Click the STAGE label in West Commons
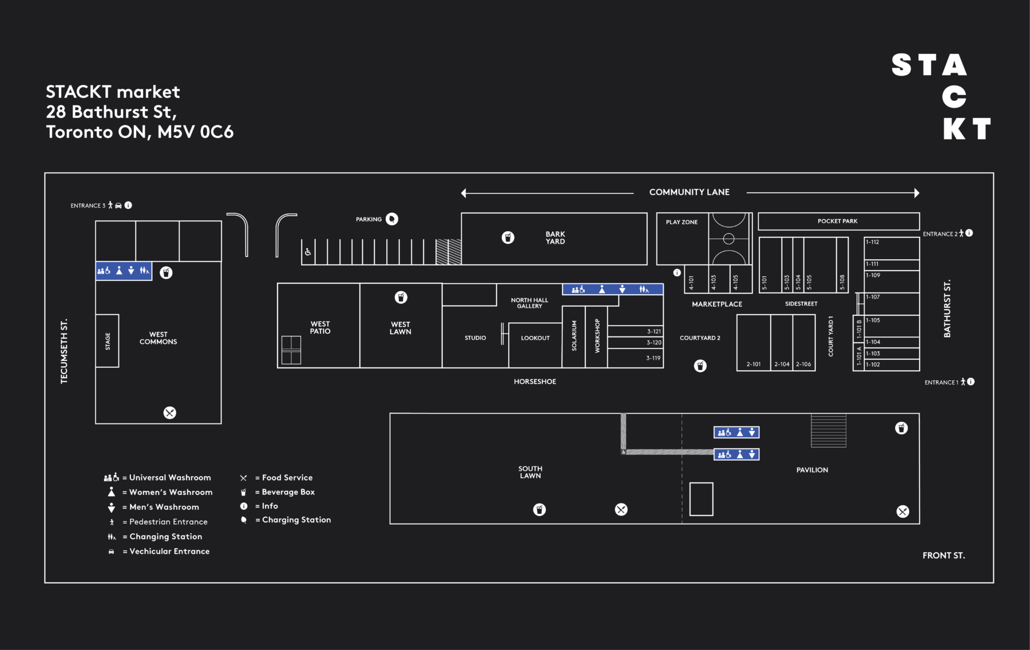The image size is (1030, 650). point(108,341)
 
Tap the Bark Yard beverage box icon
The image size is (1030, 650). point(508,237)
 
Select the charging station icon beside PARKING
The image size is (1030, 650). point(392,219)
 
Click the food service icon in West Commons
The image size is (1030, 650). point(170,413)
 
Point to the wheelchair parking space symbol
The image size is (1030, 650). point(308,252)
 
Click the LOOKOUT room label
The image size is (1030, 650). point(536,338)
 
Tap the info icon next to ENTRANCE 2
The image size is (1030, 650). point(969,233)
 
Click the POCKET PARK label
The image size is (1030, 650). point(838,221)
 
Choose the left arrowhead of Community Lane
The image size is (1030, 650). point(463,193)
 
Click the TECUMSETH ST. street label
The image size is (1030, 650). point(64,351)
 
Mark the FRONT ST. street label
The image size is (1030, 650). point(944,555)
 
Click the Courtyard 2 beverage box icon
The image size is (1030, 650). point(700,366)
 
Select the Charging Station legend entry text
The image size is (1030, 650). point(296,520)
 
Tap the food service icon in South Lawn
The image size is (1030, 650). point(621,509)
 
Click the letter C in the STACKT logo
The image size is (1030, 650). point(954,97)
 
